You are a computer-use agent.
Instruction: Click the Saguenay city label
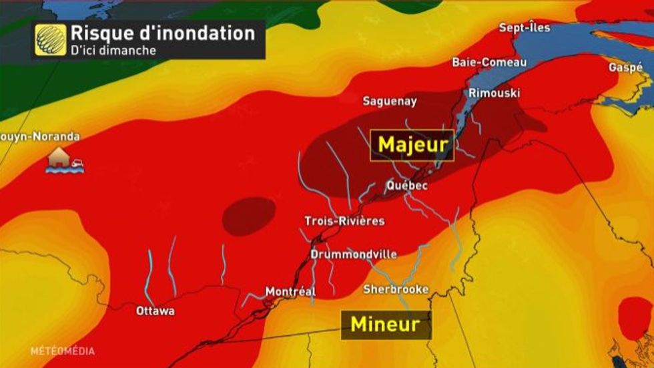tap(390, 102)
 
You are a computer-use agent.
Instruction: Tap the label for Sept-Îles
tap(525, 28)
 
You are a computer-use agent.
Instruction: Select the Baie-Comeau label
tap(489, 62)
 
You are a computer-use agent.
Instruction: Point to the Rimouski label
tap(494, 93)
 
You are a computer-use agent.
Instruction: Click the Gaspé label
tap(625, 67)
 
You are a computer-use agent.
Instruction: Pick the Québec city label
tap(406, 185)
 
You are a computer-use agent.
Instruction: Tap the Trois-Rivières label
tap(344, 221)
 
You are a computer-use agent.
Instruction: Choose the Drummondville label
tap(354, 254)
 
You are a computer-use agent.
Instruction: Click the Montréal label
tap(290, 292)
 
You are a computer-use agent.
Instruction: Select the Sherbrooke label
tap(396, 289)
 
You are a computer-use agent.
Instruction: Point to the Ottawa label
tap(155, 311)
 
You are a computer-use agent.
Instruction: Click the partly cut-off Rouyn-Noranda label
tap(40, 137)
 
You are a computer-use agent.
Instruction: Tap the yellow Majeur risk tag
tap(412, 145)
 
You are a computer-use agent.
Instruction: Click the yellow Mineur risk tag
tap(386, 325)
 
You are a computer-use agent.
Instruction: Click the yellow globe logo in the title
tap(51, 40)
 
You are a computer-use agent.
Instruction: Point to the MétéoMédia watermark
tap(62, 351)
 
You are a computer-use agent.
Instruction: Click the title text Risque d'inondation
tap(162, 33)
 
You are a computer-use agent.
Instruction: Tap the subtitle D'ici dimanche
tap(113, 51)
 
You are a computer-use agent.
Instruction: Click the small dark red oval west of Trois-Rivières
tap(248, 216)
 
